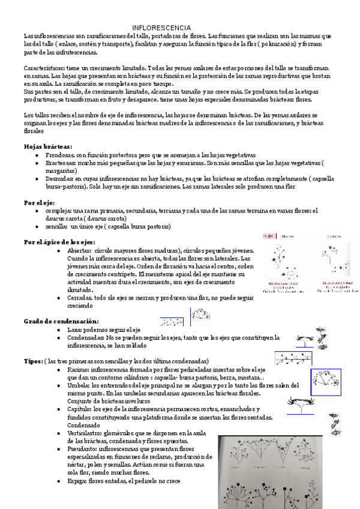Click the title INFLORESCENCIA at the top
pos(161,28)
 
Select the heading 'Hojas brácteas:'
pos(48,146)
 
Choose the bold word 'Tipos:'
pos(33,361)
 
